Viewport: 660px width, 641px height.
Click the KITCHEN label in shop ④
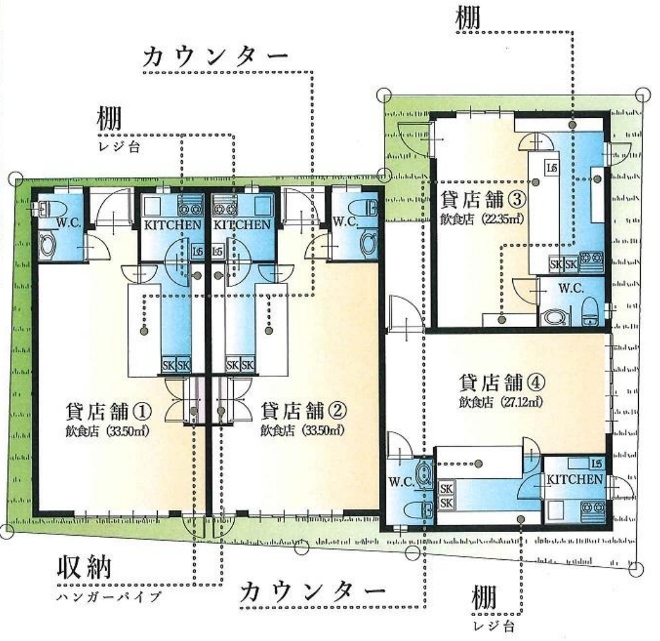(x=574, y=480)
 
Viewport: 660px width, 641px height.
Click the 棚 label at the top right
(x=469, y=17)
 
